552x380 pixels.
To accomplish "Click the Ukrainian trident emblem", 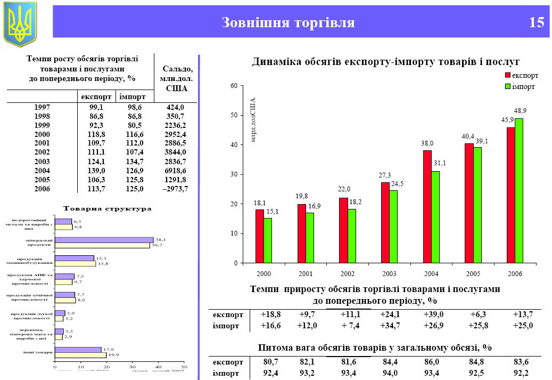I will [20, 23].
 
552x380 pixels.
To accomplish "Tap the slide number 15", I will [537, 22].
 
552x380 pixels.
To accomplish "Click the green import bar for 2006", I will [519, 191].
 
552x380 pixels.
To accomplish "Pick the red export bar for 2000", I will [260, 236].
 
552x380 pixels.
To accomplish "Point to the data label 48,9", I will [520, 111].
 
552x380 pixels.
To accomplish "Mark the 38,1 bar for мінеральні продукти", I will [104, 240].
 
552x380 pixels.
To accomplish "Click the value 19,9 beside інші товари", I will [114, 354].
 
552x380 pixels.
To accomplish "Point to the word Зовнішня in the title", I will [255, 22].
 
